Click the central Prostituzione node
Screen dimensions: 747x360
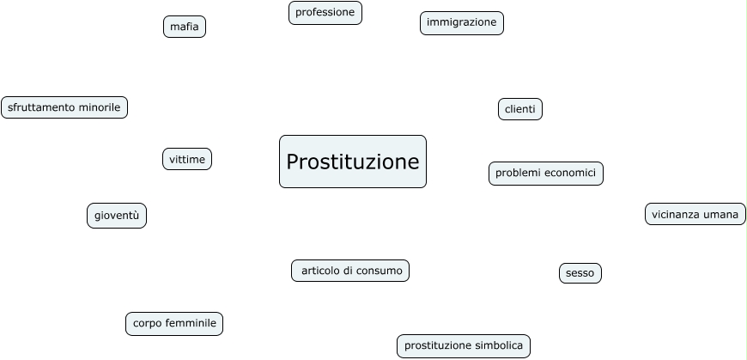(x=352, y=162)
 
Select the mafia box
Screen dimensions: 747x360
(x=185, y=27)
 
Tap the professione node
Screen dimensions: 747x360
(x=325, y=13)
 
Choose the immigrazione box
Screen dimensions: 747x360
(x=461, y=23)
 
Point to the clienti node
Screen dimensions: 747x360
(x=519, y=109)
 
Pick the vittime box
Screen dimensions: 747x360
(x=186, y=159)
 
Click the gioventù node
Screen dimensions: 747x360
(x=116, y=216)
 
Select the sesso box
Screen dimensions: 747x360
(x=580, y=273)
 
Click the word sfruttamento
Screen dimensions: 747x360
(x=41, y=107)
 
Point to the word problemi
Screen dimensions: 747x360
(x=517, y=174)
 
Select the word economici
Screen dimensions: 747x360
(x=568, y=174)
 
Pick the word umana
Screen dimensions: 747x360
(x=721, y=214)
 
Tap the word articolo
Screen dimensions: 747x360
(x=320, y=271)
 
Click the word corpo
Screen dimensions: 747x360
(x=146, y=324)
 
